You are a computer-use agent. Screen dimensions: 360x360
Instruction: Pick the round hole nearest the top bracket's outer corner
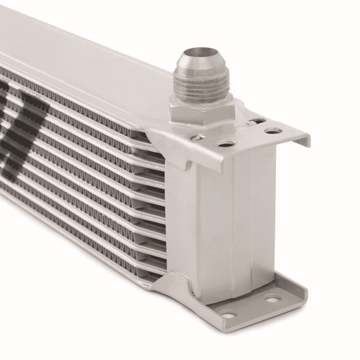tap(273, 131)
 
